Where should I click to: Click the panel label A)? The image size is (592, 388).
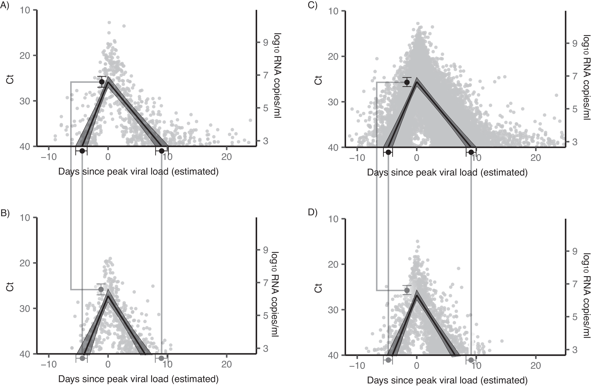point(6,6)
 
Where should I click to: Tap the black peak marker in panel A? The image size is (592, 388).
point(102,82)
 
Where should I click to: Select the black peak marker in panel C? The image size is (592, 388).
point(407,82)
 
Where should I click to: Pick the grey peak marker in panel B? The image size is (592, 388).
point(101,290)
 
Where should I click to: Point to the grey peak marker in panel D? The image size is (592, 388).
point(407,290)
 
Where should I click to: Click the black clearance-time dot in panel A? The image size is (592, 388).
point(162,151)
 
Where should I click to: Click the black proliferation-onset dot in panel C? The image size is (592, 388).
point(388,152)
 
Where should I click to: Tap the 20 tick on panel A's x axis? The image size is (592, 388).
point(226,157)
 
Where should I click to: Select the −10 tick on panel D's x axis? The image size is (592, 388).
point(357,366)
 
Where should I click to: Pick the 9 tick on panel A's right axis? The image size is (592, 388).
point(266,43)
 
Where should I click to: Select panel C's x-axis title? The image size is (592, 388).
point(447,172)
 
